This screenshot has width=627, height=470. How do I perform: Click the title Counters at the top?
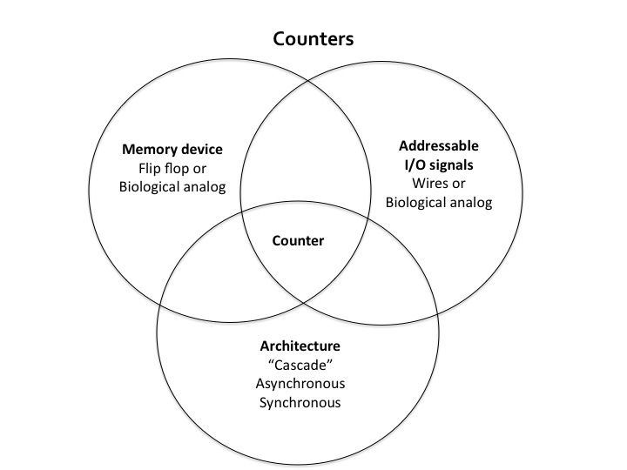coord(313,39)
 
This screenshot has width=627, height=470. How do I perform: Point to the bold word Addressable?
coord(439,145)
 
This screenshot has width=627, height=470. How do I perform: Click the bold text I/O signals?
coord(439,164)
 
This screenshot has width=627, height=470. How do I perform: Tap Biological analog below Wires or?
coord(439,203)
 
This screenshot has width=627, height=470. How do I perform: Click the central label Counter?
coord(298,240)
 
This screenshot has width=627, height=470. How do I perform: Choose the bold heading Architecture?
coord(298,346)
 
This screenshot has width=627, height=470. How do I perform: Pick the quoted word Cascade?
coord(298,365)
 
